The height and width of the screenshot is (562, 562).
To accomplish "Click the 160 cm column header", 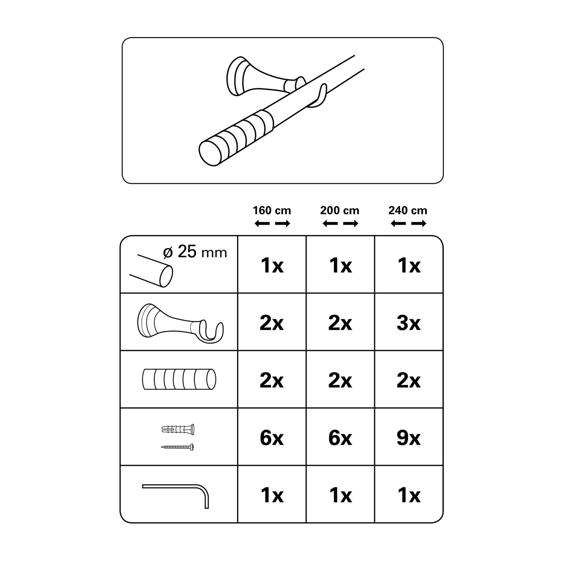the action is (272, 211).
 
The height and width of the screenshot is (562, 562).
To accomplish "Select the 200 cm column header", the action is (340, 211).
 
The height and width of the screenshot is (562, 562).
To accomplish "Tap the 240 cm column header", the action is (408, 211).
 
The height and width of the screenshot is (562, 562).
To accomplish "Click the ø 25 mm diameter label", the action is (195, 252).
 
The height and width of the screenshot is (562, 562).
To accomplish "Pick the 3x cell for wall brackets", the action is (408, 323).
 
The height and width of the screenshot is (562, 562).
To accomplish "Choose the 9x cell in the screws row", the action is (408, 438).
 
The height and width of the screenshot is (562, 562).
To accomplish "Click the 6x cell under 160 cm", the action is (272, 438).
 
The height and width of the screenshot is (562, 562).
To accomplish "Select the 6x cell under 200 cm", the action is (340, 438).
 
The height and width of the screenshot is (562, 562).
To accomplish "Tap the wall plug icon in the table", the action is (178, 429).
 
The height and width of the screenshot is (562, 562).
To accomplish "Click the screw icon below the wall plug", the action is (178, 447).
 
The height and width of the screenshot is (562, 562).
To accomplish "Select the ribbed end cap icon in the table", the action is (179, 379).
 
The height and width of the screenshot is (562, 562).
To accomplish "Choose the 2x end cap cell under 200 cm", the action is (340, 381).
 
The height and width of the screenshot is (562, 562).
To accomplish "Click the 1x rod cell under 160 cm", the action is (272, 266).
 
